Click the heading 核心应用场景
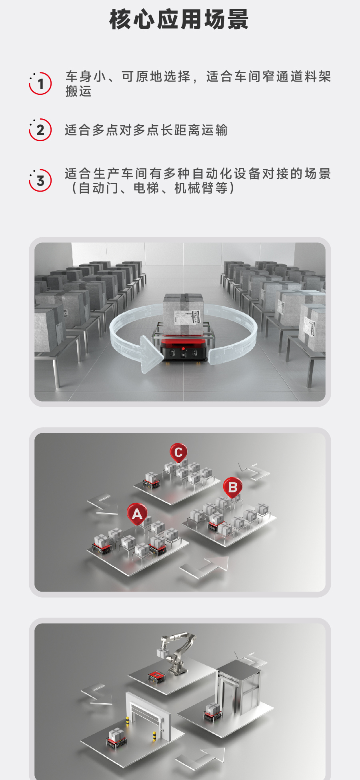179,20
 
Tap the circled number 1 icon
40,84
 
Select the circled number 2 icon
40,130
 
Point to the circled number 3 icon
40,180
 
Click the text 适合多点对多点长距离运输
146,130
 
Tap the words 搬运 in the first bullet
79,91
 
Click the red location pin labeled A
137,514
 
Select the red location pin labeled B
233,488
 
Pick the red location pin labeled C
178,453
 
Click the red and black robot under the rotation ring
184,350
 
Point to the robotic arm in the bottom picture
176,654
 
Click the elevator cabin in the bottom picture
238,688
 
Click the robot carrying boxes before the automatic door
116,737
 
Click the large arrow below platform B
205,567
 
